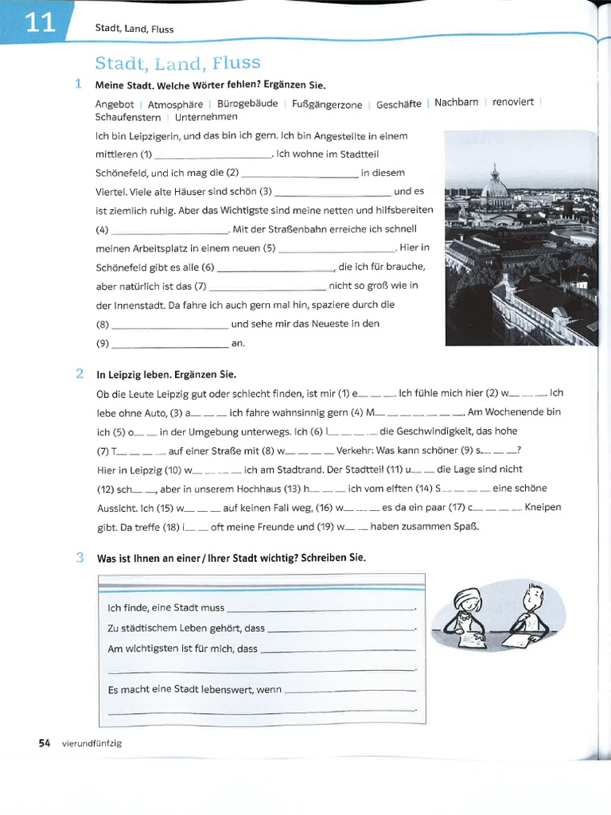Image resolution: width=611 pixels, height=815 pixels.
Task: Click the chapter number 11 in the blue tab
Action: point(39,24)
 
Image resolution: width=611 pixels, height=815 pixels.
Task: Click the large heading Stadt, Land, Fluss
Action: point(177,63)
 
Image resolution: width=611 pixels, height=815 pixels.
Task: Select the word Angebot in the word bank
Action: point(115,104)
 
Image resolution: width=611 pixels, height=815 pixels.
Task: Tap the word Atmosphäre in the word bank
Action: point(174,104)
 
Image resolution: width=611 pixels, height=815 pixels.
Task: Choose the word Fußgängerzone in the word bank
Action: point(327,104)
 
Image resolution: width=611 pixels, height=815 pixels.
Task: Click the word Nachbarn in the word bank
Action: point(457,103)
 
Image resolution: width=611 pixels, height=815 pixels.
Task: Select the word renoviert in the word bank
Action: point(513,103)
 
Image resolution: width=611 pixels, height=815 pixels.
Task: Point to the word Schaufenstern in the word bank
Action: point(127,117)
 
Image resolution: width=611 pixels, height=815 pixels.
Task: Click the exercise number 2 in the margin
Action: point(80,372)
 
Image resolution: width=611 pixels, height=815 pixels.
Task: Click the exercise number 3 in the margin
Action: point(80,557)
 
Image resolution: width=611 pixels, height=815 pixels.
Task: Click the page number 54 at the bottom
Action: point(45,743)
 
